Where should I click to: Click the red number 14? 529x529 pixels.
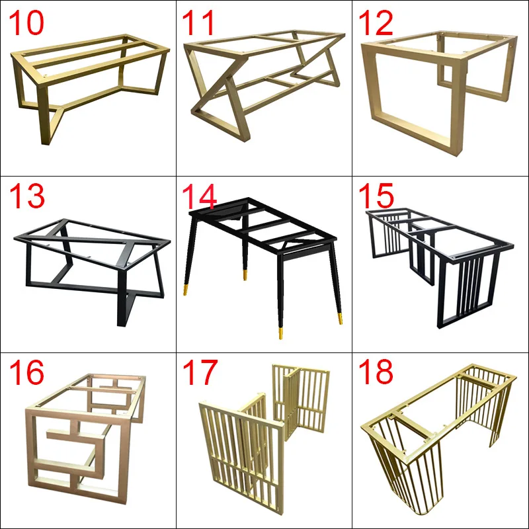pyautogui.click(x=200, y=198)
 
